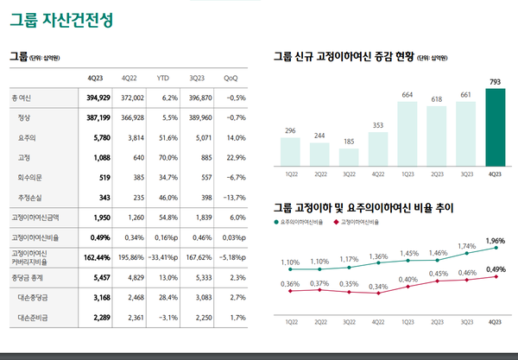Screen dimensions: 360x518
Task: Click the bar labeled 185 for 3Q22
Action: click(x=349, y=156)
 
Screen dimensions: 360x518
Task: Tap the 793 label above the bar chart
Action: click(x=496, y=82)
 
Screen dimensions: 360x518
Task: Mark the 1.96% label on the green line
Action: click(x=496, y=240)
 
